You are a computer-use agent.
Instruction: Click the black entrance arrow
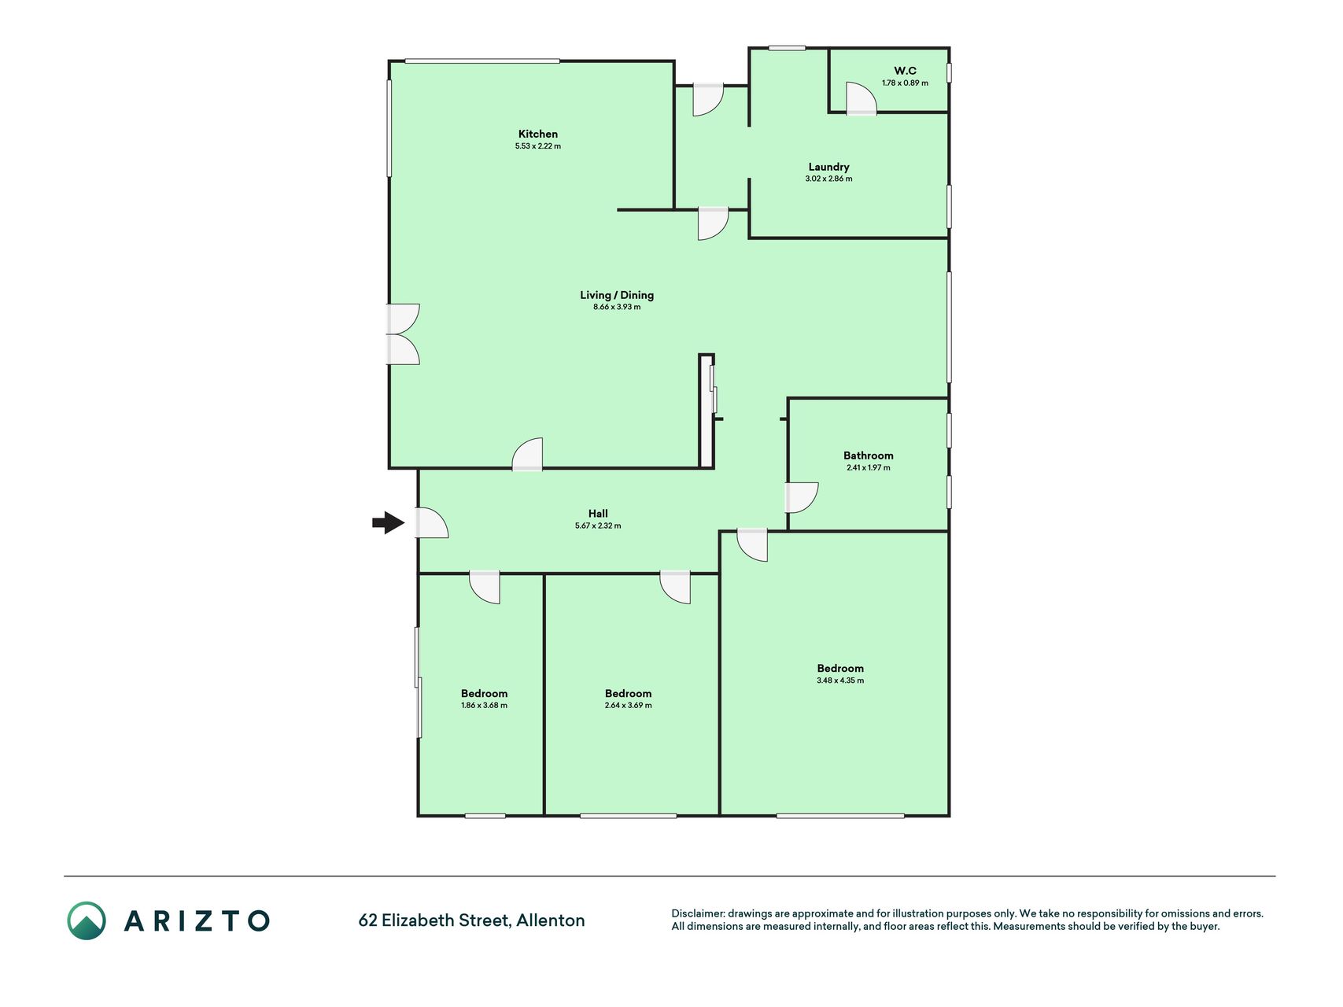point(389,522)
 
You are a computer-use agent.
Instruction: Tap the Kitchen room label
point(538,134)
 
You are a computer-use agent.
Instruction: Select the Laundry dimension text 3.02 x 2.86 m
point(828,179)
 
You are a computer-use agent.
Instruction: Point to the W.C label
point(905,71)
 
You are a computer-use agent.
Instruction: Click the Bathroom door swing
point(802,498)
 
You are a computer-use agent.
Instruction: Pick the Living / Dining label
point(617,295)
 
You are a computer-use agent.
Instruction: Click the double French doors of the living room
point(403,334)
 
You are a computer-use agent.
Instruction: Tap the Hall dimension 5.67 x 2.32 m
point(598,526)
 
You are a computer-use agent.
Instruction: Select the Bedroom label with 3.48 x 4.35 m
point(840,669)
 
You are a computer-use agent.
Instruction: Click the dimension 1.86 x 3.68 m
point(484,706)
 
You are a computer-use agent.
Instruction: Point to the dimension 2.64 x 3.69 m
point(628,706)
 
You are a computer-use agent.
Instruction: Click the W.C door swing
point(862,99)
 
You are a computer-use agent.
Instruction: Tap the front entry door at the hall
point(432,523)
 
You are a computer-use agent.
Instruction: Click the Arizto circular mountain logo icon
point(87,920)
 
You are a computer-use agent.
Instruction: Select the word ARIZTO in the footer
point(197,920)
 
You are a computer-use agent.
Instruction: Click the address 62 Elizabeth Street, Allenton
point(471,920)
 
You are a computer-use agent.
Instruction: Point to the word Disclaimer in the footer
point(697,913)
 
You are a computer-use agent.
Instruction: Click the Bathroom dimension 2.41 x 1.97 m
point(869,467)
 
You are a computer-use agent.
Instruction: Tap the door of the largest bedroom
point(752,545)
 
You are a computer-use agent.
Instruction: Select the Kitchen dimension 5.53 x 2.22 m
point(538,146)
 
